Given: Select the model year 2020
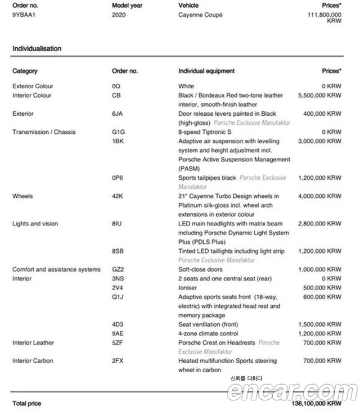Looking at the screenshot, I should click(x=119, y=15).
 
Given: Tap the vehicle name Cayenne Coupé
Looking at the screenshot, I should click(x=200, y=15).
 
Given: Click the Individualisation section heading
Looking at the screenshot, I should click(x=37, y=49).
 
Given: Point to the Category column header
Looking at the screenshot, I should click(x=25, y=71).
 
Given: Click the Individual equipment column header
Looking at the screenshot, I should click(x=206, y=71).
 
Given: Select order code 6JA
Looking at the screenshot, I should click(x=118, y=114).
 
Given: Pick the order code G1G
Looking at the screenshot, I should click(x=118, y=132).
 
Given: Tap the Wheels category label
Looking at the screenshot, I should click(x=22, y=196).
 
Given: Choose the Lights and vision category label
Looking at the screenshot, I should click(x=35, y=224).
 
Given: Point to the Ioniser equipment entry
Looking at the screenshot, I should click(x=188, y=288).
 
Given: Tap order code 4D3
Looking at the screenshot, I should click(x=118, y=324).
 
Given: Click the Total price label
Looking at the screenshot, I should click(x=26, y=404).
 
